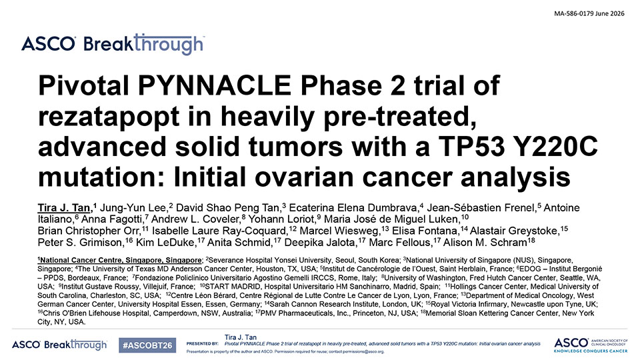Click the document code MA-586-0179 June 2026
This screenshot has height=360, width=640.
point(589,13)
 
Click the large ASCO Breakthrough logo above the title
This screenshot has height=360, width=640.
point(113,44)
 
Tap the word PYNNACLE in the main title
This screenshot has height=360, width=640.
point(214,85)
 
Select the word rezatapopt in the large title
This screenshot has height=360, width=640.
point(109,116)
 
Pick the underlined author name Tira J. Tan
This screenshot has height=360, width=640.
point(64,208)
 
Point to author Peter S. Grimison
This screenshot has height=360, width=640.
point(80,243)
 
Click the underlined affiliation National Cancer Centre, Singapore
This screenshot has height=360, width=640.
point(121,261)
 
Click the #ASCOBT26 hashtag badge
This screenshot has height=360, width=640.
point(147,345)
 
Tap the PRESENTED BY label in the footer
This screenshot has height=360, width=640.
point(203,344)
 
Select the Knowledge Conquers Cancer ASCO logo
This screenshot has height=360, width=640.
point(591,345)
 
